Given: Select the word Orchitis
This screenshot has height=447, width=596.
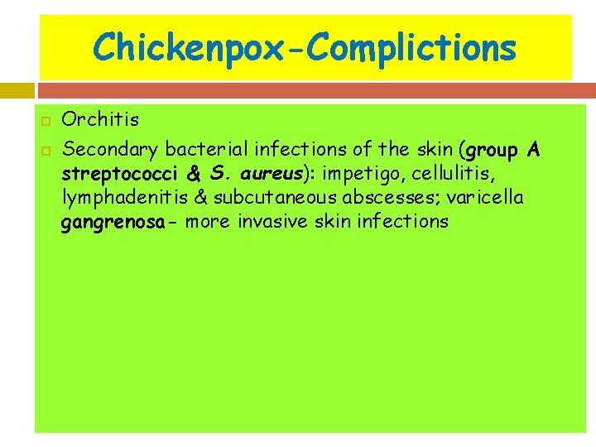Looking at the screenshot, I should [x=101, y=119].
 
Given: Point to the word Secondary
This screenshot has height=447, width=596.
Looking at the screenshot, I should [x=110, y=150].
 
